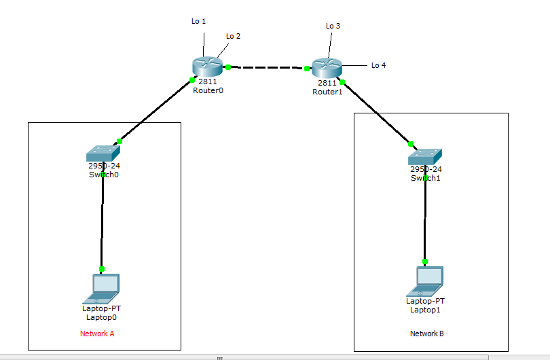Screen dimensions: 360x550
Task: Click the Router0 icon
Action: point(207,67)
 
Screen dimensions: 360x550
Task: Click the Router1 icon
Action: point(327,67)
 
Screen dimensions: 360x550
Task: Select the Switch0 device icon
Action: point(103,154)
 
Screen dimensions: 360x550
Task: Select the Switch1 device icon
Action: point(425,156)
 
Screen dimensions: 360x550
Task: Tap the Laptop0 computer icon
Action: point(102,288)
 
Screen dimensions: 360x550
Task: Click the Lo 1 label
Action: point(198,22)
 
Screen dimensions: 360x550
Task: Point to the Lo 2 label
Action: point(233,36)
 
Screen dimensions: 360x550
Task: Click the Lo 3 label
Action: point(333,26)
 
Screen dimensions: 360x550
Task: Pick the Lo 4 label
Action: point(378,66)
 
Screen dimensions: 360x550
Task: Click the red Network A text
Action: point(97,334)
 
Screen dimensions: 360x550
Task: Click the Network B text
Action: point(426,334)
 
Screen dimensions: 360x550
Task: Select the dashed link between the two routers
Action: point(268,68)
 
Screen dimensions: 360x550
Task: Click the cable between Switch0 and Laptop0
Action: point(103,221)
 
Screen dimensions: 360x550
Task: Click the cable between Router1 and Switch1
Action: point(377,113)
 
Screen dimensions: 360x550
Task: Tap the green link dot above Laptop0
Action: point(102,269)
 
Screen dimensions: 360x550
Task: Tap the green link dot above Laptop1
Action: point(425,262)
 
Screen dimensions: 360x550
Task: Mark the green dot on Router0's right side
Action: point(228,67)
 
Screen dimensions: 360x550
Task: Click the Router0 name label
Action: point(207,90)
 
